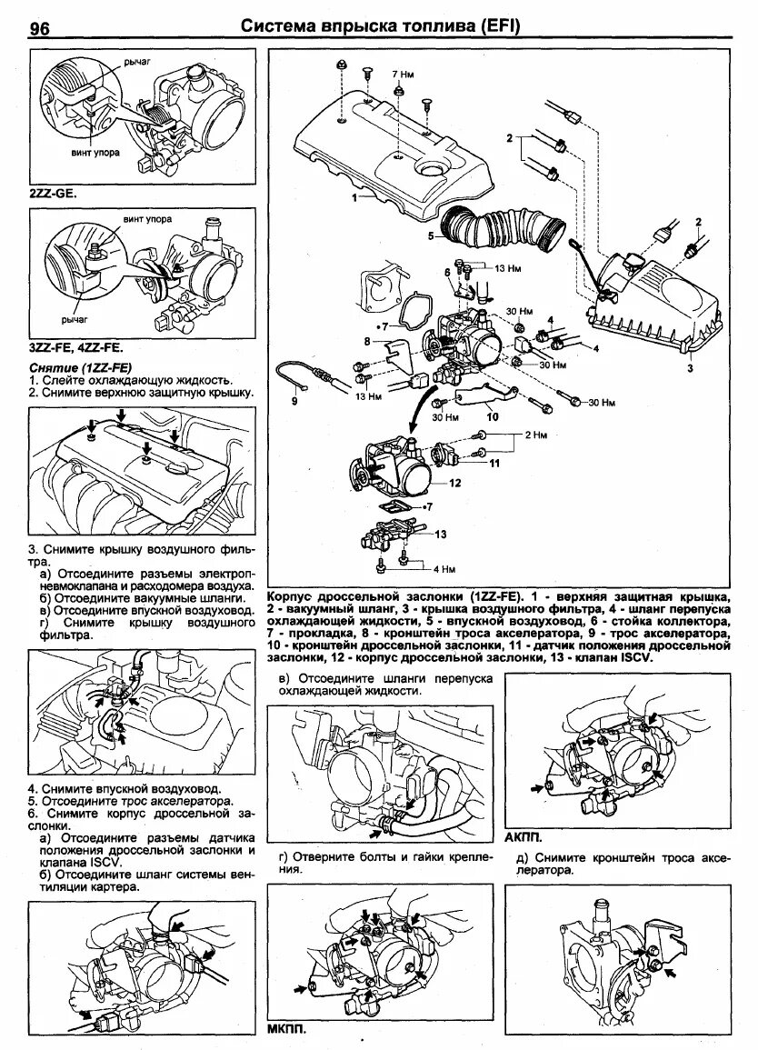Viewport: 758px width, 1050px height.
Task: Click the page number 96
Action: coord(40,28)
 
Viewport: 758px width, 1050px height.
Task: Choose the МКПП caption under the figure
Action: coord(286,1030)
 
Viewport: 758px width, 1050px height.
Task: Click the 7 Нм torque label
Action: coord(402,73)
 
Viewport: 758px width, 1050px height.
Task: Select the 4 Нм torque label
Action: coord(443,569)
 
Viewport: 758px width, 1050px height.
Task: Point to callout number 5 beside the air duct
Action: coord(434,235)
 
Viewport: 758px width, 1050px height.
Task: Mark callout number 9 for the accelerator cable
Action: coord(294,400)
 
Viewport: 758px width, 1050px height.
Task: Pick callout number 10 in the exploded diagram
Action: coord(492,418)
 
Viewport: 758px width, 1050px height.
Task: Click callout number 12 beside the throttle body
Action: coord(455,483)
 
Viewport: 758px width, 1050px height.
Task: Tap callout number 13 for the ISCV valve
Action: coord(442,534)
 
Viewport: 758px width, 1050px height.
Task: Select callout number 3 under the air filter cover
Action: coord(689,369)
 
